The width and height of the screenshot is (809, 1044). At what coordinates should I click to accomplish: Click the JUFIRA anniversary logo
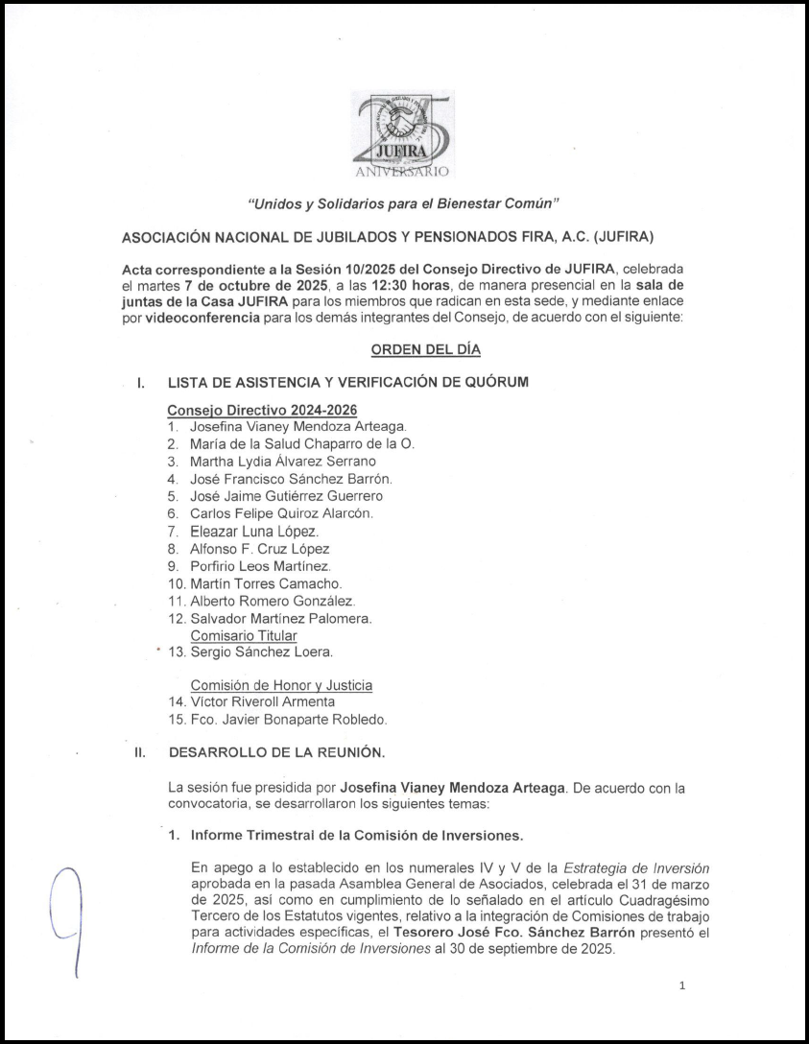click(x=402, y=133)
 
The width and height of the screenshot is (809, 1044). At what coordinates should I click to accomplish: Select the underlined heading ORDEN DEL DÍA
click(x=425, y=350)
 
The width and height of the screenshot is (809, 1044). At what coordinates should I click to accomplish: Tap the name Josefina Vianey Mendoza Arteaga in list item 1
click(x=298, y=426)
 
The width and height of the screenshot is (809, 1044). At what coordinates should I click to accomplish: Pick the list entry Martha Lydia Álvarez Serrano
click(x=283, y=461)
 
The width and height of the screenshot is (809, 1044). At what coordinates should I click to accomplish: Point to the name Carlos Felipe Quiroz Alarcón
click(x=281, y=513)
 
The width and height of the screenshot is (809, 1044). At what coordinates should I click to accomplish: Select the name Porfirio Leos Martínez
click(x=260, y=566)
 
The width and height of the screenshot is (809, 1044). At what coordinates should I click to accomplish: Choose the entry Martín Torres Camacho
click(x=266, y=583)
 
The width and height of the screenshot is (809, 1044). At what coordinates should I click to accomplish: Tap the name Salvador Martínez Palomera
click(x=281, y=619)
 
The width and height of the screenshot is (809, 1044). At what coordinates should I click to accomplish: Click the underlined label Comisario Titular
click(x=244, y=635)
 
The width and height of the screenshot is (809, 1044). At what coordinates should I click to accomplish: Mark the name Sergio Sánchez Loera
click(x=261, y=652)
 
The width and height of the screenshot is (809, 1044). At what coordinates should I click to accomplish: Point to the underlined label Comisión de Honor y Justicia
click(x=281, y=685)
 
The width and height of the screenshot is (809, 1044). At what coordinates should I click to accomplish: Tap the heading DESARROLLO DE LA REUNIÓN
click(x=277, y=752)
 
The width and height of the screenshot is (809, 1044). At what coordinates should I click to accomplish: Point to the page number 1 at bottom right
click(x=681, y=985)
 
